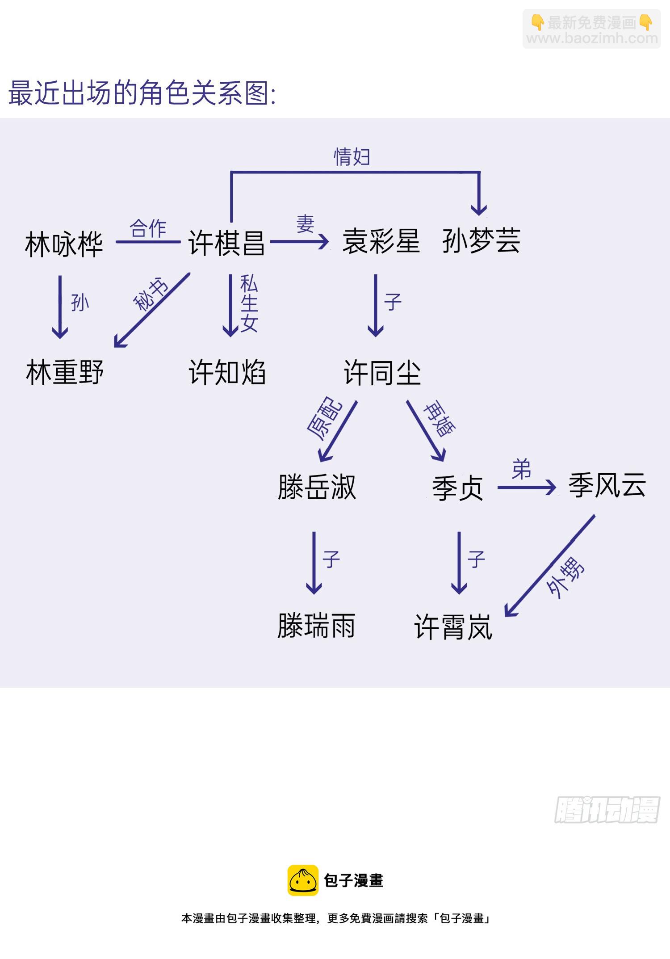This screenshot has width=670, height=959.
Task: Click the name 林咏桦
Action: click(64, 244)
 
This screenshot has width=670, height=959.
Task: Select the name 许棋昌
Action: click(226, 243)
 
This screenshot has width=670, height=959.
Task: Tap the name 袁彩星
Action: click(381, 241)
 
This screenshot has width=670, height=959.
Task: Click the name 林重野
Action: click(65, 372)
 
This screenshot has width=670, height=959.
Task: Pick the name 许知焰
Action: click(227, 372)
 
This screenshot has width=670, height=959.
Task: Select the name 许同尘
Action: click(382, 372)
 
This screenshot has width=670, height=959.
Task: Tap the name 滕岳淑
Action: click(317, 487)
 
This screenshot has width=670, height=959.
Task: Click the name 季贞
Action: click(457, 488)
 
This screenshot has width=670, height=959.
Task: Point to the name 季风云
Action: click(607, 485)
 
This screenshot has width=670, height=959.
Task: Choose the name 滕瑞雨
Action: click(316, 626)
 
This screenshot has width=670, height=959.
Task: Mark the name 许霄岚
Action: click(453, 627)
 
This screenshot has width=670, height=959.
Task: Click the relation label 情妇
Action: click(352, 157)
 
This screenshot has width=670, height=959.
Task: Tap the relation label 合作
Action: click(148, 228)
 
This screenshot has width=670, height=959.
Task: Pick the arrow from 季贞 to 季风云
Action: click(526, 487)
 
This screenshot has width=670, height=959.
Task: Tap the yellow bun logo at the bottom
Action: click(303, 880)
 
